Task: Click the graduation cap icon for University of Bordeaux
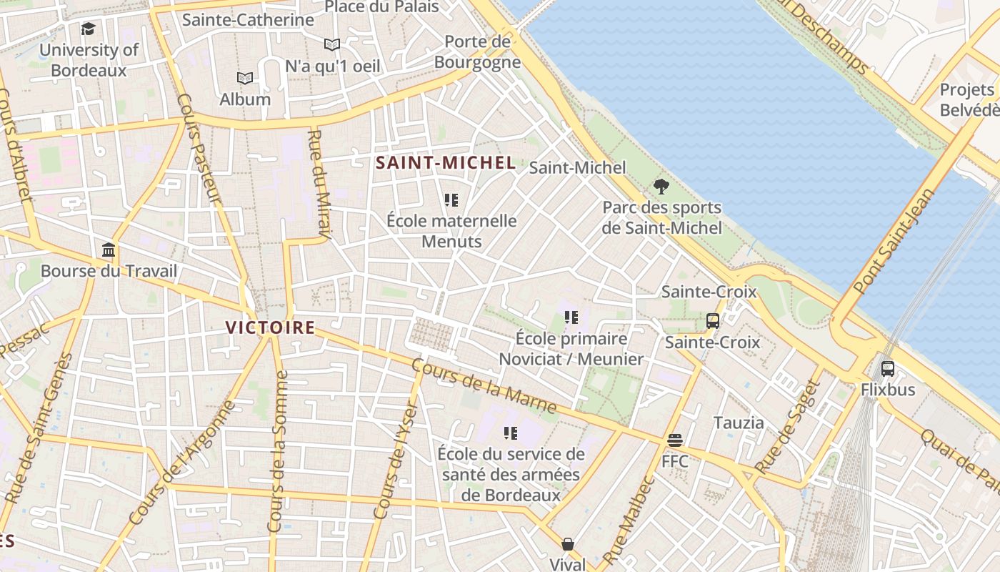88,29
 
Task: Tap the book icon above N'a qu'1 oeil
331,44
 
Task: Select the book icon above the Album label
245,78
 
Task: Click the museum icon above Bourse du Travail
109,250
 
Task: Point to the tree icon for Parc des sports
661,187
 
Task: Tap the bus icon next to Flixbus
888,369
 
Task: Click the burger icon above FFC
675,440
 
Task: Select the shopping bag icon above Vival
568,544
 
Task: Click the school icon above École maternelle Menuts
451,200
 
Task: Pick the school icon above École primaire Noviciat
571,317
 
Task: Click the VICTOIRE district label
270,327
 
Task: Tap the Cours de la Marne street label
484,387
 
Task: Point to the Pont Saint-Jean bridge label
894,241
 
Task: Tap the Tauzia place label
739,423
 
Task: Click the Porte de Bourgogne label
478,51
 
